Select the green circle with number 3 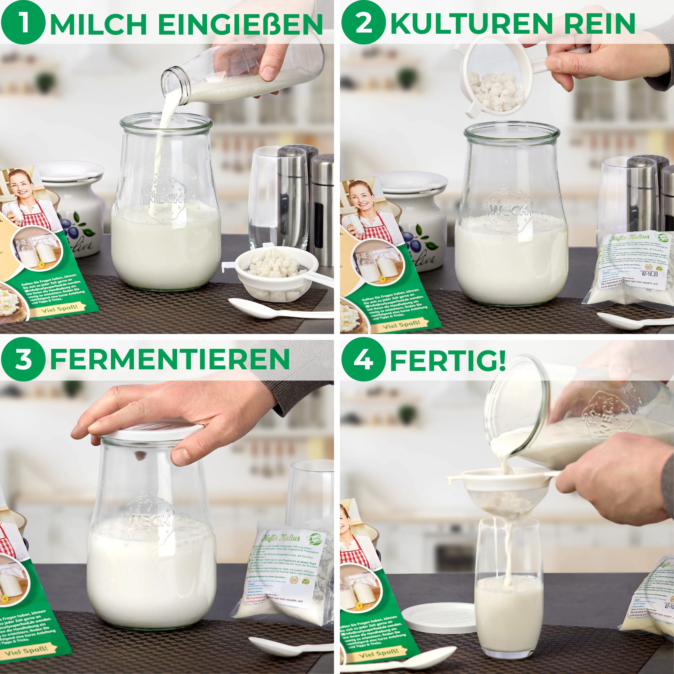23,359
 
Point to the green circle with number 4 364,359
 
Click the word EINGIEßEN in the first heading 240,24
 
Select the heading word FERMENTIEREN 170,359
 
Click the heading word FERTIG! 448,359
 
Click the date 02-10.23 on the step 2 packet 650,274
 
